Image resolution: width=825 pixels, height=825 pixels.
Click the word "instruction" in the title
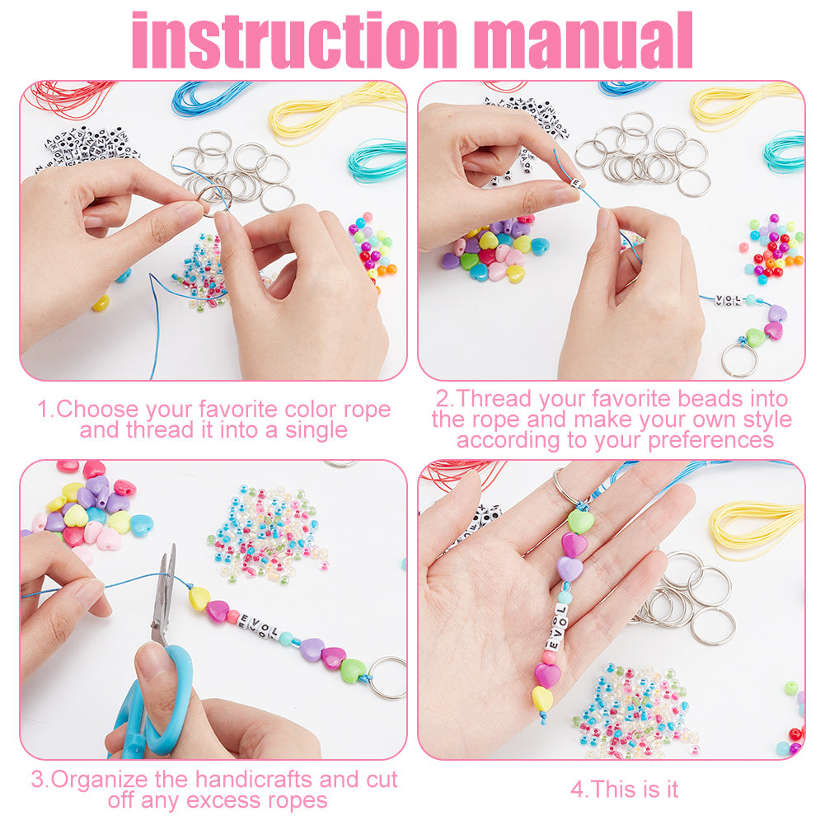coord(295,40)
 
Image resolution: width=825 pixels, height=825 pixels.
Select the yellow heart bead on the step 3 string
coord(199,598)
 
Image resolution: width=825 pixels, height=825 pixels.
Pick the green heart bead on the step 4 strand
coord(580,521)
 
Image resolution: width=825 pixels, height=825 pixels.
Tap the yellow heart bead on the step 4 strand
coord(542,699)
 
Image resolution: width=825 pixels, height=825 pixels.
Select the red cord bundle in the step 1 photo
coord(68,97)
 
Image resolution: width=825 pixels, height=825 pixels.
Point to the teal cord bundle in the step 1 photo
coord(377,159)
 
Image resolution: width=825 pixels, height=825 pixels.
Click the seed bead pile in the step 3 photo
coord(269,534)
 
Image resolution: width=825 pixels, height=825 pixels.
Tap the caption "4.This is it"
coord(625,790)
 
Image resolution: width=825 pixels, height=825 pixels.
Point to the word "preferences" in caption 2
coord(710,440)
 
